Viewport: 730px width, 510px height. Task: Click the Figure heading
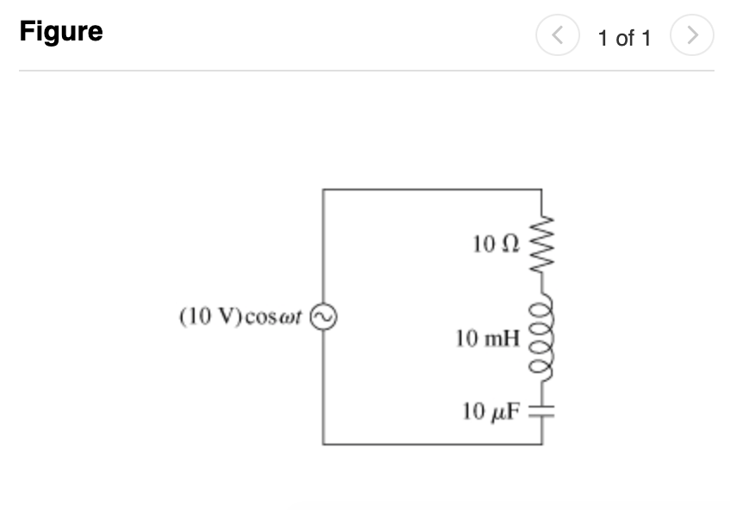coord(61,33)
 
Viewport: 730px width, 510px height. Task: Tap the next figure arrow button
coord(694,37)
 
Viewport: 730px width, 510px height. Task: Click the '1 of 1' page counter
coord(625,38)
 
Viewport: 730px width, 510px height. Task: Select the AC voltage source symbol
coord(323,318)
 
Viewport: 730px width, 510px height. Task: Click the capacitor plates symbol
coord(542,412)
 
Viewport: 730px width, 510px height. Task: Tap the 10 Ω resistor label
coord(496,245)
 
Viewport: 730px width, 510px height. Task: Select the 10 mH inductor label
coord(487,339)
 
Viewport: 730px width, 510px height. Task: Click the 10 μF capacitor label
coord(491,412)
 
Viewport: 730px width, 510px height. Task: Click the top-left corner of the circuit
coord(323,190)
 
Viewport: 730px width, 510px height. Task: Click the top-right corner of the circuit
coord(542,190)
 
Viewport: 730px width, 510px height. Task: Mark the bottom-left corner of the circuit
coord(323,444)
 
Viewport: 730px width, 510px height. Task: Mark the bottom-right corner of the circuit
coord(542,444)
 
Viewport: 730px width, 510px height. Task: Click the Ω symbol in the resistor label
coord(510,245)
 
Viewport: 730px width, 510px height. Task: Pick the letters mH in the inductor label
coord(503,339)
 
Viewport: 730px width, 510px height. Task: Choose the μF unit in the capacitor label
coord(507,413)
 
